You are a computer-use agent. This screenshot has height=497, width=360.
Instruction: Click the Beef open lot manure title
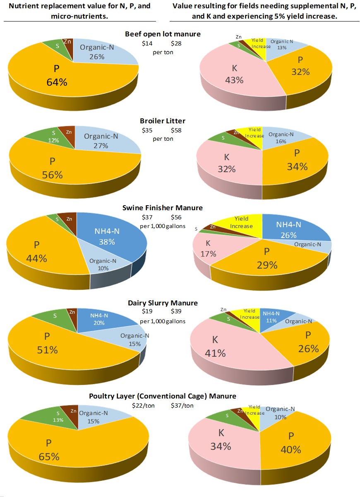click(x=163, y=34)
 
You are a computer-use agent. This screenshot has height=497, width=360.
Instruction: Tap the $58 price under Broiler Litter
click(x=176, y=130)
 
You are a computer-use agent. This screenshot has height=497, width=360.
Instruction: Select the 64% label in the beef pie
click(x=57, y=82)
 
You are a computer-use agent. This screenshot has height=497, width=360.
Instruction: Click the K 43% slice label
click(x=234, y=75)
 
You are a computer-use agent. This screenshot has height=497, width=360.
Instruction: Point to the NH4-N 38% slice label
click(x=107, y=236)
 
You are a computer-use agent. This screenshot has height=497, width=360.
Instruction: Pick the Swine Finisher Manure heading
click(x=163, y=208)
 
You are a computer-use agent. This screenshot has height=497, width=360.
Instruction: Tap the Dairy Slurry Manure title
click(x=163, y=303)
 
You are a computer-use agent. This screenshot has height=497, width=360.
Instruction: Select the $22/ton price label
click(x=143, y=406)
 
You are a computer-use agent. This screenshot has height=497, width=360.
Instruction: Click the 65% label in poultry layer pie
click(x=49, y=456)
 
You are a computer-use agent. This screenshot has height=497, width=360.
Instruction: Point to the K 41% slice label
click(x=215, y=347)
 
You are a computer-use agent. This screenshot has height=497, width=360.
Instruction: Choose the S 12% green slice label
click(x=54, y=137)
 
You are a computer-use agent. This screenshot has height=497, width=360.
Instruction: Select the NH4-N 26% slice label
click(x=288, y=229)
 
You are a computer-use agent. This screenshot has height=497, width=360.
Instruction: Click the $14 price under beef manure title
click(x=147, y=43)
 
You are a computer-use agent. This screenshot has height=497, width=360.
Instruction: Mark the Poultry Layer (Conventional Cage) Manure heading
click(x=163, y=396)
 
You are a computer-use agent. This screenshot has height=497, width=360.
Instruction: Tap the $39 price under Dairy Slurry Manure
click(x=176, y=311)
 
